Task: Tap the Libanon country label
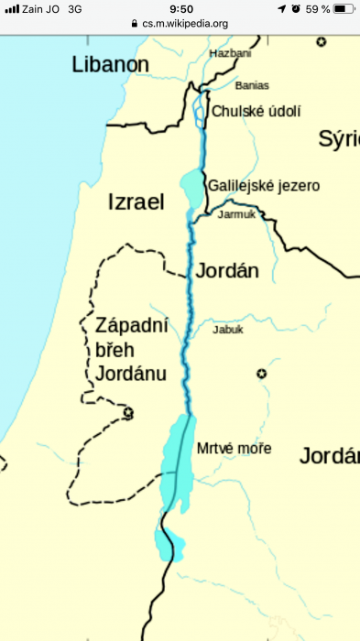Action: click(111, 64)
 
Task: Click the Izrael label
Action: click(136, 202)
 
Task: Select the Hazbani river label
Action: click(229, 55)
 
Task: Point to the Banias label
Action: click(252, 85)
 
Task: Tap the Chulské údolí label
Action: click(256, 111)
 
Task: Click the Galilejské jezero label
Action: click(264, 185)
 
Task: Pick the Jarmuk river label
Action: click(237, 215)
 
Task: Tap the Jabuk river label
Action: click(228, 330)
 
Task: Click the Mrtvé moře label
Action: click(235, 448)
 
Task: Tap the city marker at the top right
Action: click(322, 42)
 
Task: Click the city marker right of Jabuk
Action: click(261, 374)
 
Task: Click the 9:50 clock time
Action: click(180, 8)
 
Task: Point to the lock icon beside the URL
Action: click(135, 23)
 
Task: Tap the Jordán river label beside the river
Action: click(227, 270)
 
